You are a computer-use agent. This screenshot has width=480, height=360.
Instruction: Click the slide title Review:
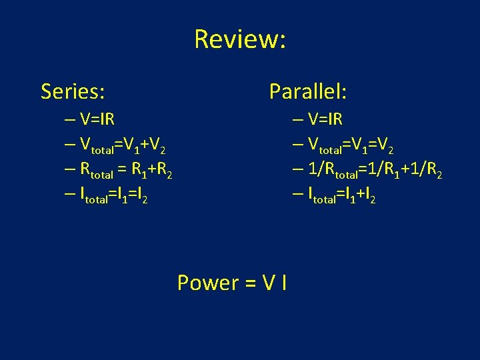(240, 39)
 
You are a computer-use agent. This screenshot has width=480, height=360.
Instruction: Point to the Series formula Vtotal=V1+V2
(122, 145)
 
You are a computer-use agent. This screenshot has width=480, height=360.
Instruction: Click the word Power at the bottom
(207, 283)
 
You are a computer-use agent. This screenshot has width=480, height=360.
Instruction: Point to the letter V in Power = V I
(268, 283)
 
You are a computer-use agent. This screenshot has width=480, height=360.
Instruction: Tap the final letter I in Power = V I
(285, 283)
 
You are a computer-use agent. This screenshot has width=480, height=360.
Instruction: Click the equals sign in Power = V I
(250, 283)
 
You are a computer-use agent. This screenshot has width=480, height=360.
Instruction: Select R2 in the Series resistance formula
(165, 171)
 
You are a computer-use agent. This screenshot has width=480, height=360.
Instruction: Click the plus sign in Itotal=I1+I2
(358, 195)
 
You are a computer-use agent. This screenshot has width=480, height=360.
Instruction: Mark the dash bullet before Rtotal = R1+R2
(70, 169)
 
